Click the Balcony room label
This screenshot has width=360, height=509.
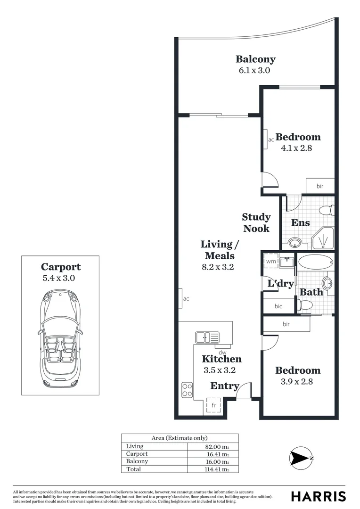point(255,59)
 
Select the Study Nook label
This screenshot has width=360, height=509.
point(256,222)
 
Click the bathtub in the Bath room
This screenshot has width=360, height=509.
point(314,262)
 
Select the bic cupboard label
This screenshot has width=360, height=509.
point(278,306)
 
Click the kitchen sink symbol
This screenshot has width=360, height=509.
point(207,337)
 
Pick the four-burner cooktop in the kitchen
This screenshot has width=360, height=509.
point(187,389)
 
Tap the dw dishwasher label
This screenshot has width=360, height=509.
point(223,352)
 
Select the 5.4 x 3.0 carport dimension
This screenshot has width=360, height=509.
point(59,278)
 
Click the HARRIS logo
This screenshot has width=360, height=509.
point(318,496)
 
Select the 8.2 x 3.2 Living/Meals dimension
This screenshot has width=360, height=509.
point(218,267)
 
